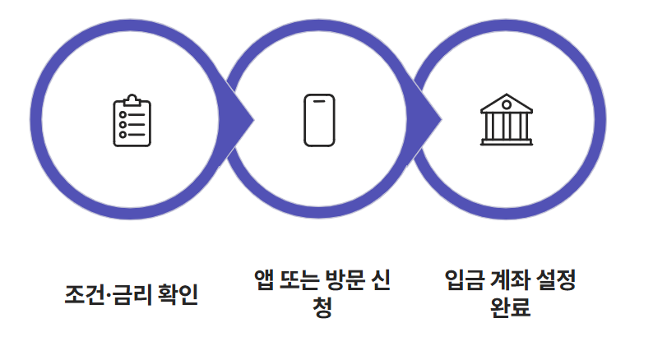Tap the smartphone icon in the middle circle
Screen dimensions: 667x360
coord(319,120)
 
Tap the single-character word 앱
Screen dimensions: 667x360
coord(266,280)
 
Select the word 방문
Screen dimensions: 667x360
coord(354,280)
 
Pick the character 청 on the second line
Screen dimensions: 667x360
coord(323,309)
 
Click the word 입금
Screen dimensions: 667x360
coord(459,280)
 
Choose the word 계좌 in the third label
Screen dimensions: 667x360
coord(507,280)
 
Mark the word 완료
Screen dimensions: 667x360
coord(507,309)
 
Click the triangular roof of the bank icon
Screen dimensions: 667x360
coord(506,104)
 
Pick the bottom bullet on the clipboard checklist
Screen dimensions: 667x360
coord(123,134)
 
